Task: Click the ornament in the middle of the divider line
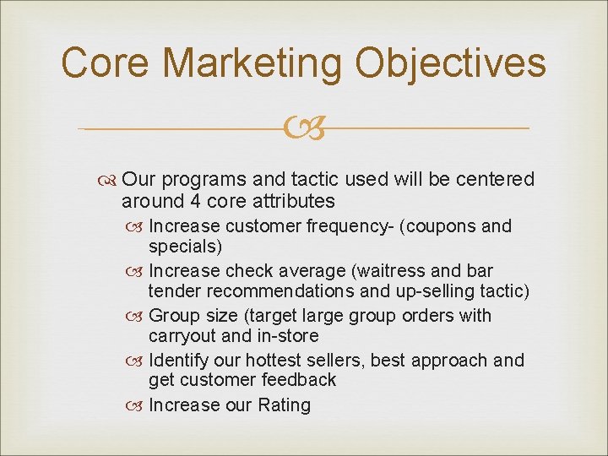tap(303, 129)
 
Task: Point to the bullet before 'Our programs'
tap(110, 180)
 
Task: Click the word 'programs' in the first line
tap(198, 180)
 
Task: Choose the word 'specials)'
tap(185, 247)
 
